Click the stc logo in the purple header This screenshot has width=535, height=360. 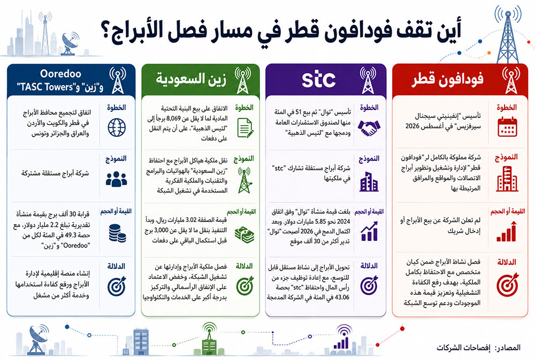[x=319, y=79]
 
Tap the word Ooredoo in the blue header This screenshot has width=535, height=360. [x=61, y=73]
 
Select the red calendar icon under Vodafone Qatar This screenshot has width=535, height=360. [x=507, y=127]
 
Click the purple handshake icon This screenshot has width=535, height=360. [x=369, y=128]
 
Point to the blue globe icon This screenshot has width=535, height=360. [x=117, y=128]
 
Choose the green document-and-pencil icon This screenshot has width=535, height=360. [x=245, y=128]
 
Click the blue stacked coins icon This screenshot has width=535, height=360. [x=117, y=233]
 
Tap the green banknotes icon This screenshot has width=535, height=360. [x=244, y=235]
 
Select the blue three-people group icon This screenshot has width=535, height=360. [x=116, y=179]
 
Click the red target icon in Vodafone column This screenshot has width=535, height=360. [x=507, y=285]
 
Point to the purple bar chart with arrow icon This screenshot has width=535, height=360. [x=369, y=232]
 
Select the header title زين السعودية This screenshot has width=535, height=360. [x=191, y=79]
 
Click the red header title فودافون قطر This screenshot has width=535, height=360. [x=447, y=79]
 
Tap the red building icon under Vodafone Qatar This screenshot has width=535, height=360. [x=507, y=179]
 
